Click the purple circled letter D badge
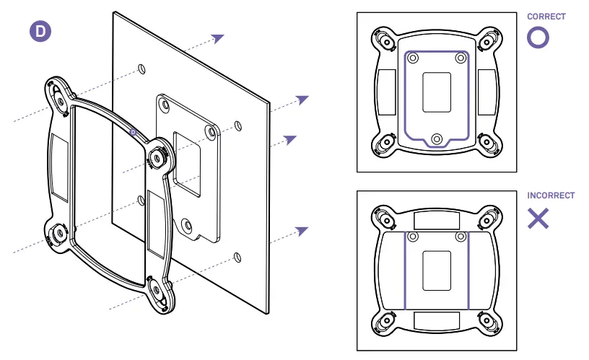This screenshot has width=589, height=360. coord(39,32)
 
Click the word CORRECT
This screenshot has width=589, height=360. coord(546,17)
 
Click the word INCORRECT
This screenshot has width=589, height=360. coord(551,196)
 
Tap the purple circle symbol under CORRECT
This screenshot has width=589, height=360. coord(538,38)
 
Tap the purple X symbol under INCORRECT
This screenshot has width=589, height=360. coord(538,219)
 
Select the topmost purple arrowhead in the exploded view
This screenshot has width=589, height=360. coord(218,38)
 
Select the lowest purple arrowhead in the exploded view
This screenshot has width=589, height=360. coord(302,231)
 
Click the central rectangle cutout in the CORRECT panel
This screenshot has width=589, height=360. coord(436,92)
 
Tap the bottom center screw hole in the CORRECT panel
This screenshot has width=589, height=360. coord(436,139)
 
